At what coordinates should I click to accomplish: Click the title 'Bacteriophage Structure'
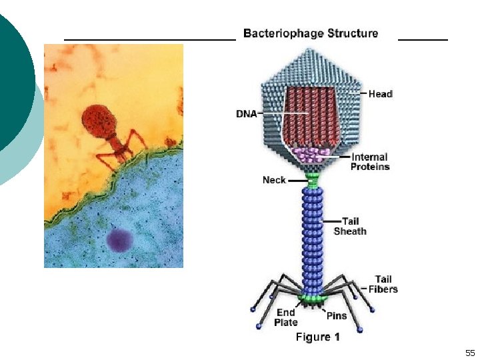click(x=311, y=33)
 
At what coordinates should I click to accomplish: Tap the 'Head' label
click(x=381, y=94)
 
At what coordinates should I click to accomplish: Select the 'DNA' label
click(x=246, y=114)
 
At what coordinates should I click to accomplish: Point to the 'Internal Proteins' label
click(x=371, y=162)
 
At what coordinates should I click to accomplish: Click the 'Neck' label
click(x=274, y=180)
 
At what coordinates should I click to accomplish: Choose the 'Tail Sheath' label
click(x=350, y=226)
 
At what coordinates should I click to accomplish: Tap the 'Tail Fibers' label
click(x=383, y=284)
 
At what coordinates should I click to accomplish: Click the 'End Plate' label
click(x=286, y=317)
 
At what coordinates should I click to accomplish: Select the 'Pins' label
click(x=337, y=315)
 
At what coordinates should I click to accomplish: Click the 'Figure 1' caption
click(x=317, y=337)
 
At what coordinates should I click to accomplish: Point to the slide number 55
click(x=470, y=353)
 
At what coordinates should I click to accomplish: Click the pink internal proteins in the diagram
click(x=313, y=156)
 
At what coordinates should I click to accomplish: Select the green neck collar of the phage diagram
click(x=313, y=179)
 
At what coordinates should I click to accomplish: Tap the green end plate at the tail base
click(x=313, y=296)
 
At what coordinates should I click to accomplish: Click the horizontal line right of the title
click(x=423, y=40)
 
